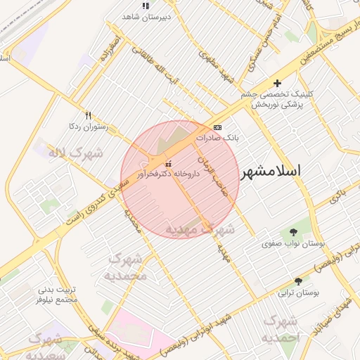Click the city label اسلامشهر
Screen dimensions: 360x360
[x=271, y=172]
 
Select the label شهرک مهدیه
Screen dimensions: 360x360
[x=200, y=229]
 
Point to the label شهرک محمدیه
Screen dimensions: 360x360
[x=127, y=267]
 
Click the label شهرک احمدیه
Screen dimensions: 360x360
[x=280, y=330]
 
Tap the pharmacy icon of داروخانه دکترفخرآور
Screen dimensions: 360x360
[x=167, y=163]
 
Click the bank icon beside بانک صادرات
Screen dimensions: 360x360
[x=217, y=127]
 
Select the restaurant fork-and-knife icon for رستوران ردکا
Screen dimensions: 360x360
[x=88, y=115]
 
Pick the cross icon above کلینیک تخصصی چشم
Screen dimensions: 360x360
[x=277, y=83]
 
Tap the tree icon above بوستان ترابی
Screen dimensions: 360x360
[x=298, y=281]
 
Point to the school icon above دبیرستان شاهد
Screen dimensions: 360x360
[x=145, y=6]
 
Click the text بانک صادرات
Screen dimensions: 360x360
[x=217, y=139]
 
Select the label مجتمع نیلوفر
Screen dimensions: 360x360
[x=60, y=300]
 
